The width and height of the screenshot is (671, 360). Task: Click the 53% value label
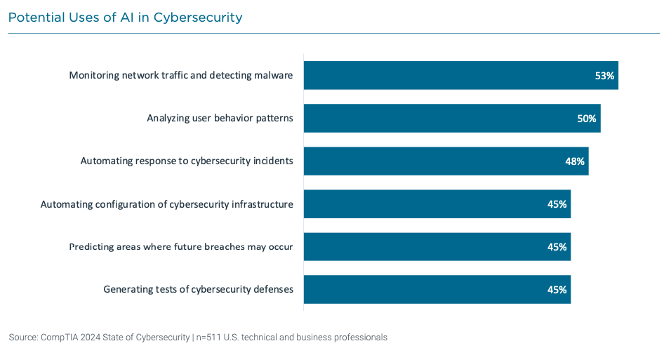[604, 75]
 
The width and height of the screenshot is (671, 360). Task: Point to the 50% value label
[587, 119]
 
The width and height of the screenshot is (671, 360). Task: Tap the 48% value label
[575, 161]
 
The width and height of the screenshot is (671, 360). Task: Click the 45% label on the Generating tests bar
[557, 289]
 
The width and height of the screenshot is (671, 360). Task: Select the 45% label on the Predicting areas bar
[557, 246]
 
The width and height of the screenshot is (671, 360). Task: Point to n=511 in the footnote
[210, 338]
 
